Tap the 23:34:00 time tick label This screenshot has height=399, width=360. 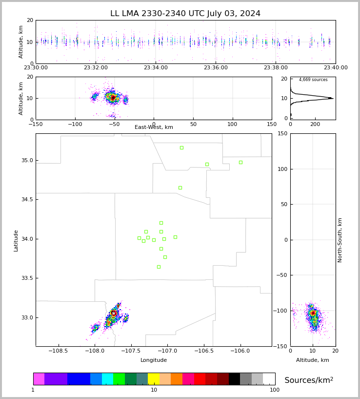click(156, 68)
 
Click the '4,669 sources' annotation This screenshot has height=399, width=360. click(313, 80)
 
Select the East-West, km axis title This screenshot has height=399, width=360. click(154, 127)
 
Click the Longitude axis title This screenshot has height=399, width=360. click(154, 360)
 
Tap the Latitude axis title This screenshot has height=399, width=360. click(16, 240)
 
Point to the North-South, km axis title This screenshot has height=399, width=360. click(340, 240)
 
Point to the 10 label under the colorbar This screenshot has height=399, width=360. click(154, 390)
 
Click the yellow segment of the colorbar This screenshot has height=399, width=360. click(154, 379)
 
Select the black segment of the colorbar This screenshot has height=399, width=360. click(235, 379)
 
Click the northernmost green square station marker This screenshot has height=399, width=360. click(181, 147)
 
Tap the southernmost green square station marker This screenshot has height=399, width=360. click(159, 267)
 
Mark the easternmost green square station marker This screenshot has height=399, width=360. click(240, 162)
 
